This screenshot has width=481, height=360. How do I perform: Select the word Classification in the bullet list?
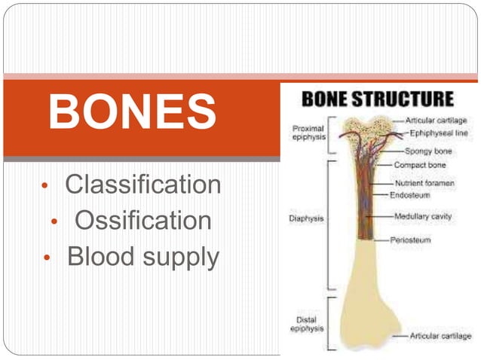point(142,185)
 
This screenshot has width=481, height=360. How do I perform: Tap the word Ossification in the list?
point(142,221)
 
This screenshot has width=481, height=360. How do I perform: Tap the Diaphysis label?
point(306,219)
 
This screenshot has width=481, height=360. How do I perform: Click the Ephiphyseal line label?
point(440,133)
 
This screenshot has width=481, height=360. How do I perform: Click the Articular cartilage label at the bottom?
point(441,335)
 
